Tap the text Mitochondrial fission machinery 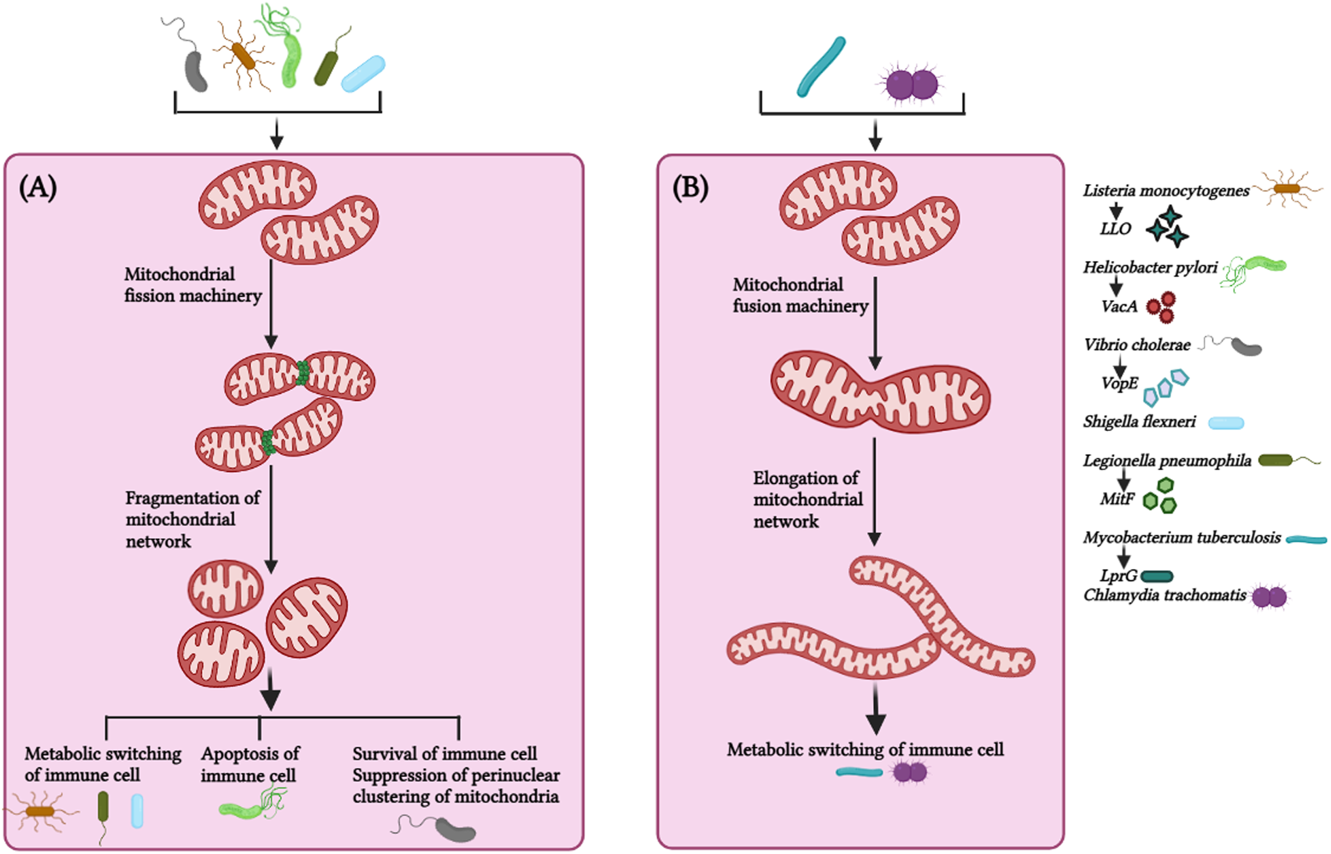192,284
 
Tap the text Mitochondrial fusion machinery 800,295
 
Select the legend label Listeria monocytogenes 1166,191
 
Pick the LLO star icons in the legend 1168,226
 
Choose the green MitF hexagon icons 1161,496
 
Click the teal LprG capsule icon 1157,577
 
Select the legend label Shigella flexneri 1139,422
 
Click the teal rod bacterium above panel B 821,67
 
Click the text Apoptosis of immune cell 250,763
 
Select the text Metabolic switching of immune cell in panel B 865,750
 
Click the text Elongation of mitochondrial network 807,499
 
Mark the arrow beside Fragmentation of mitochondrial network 271,519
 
